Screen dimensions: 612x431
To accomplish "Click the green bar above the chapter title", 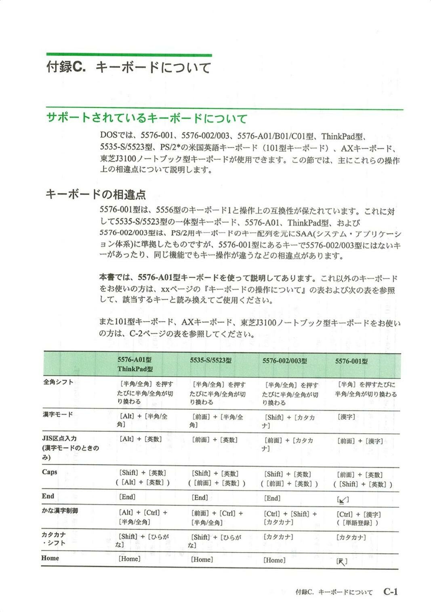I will tap(129, 55).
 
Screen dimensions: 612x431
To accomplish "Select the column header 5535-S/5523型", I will tap(210, 360).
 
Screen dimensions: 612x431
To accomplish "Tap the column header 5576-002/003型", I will tap(284, 361).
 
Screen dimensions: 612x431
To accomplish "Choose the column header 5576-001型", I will tap(351, 361).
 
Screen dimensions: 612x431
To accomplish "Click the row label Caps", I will tap(50, 472).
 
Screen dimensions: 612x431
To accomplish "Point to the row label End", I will tap(48, 496).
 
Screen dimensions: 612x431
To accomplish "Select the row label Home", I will tap(50, 558).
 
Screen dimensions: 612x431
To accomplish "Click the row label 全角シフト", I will tap(58, 382).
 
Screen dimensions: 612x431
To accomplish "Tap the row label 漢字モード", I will tap(58, 414).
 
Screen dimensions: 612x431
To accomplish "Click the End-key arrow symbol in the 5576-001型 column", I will tap(343, 500).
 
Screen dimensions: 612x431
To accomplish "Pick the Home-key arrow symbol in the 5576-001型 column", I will tap(342, 561).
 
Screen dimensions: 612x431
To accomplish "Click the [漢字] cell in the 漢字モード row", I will tap(346, 417).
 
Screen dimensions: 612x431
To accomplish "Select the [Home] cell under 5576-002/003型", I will tap(274, 560).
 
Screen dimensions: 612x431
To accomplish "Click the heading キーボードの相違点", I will tap(95, 195).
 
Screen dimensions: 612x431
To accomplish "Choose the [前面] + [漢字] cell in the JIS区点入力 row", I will tap(360, 441).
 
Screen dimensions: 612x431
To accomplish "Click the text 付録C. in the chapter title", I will tap(66, 67).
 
